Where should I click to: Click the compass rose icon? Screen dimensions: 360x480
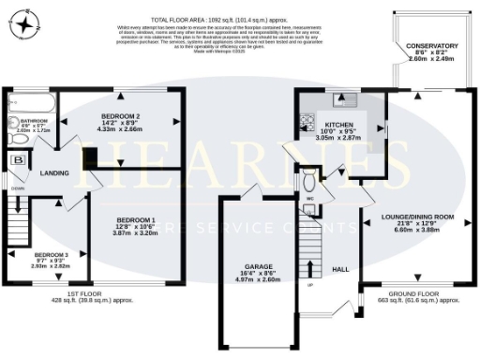point(22,23)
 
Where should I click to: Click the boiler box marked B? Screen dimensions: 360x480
point(18,160)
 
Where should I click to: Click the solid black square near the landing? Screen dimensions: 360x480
point(89,163)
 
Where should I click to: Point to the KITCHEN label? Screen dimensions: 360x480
point(337,124)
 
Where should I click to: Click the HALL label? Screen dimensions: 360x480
point(341,270)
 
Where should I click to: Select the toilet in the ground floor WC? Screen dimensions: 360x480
point(311,183)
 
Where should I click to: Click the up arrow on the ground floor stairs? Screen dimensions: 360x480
point(310,270)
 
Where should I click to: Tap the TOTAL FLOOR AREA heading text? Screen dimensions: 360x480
point(238,19)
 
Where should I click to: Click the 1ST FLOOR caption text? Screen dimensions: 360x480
point(53,293)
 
